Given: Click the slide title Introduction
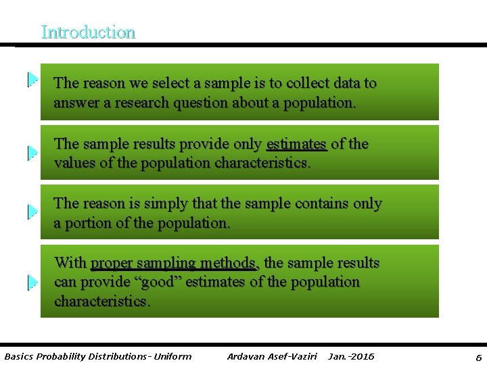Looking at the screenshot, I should tap(88, 32).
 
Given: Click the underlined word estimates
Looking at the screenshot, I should tap(297, 144).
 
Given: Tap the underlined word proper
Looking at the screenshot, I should tap(112, 263).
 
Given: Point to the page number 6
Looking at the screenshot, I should tap(478, 357).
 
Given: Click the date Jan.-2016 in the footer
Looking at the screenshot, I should tap(350, 356).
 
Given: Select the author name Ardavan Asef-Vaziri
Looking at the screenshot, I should tap(272, 356).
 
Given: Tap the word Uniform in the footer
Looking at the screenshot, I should tap(172, 356).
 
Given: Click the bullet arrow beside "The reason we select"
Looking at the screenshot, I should tap(32, 80).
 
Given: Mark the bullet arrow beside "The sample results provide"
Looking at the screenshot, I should tap(32, 153).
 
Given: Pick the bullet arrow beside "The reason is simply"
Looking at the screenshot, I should tap(32, 212).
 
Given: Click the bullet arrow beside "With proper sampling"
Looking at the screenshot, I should tap(32, 283).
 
